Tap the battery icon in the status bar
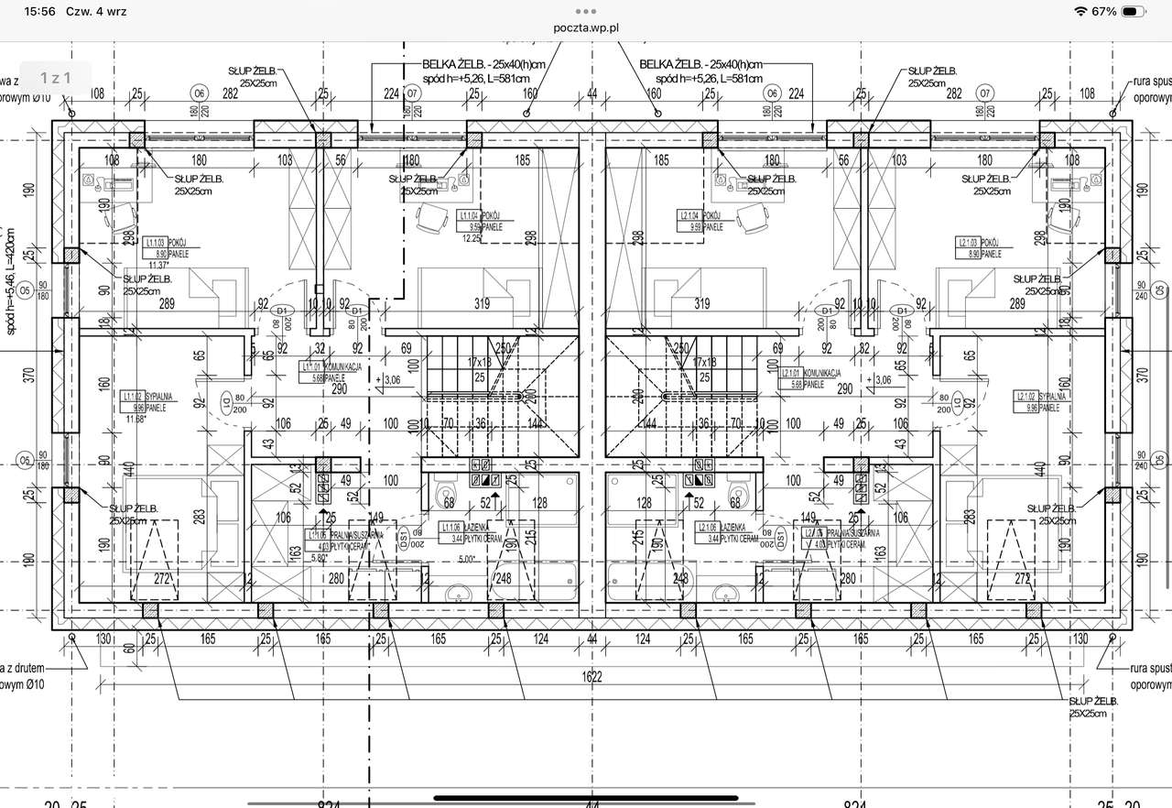[1134, 12]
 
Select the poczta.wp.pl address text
[586, 27]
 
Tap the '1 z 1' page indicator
[55, 79]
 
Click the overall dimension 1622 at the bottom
[591, 676]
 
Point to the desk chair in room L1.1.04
[430, 218]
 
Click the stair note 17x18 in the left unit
[480, 362]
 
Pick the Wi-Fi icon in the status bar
[1081, 12]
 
